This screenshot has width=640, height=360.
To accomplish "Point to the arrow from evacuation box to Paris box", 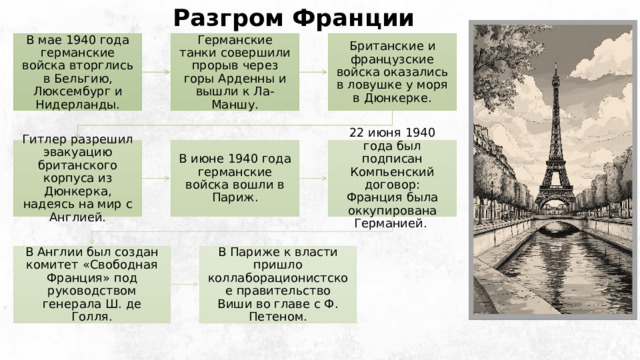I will [156, 179].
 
